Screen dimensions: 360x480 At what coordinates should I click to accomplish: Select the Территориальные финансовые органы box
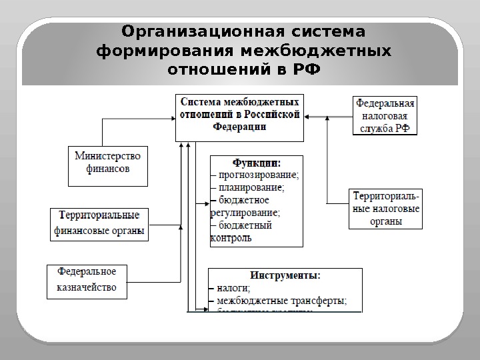100,225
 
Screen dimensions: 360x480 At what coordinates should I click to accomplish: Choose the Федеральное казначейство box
87,280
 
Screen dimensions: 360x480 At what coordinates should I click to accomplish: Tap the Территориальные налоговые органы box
385,209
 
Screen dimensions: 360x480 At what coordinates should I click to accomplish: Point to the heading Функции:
256,163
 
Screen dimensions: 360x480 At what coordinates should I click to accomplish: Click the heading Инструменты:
285,275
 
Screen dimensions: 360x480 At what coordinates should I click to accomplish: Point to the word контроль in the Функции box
231,238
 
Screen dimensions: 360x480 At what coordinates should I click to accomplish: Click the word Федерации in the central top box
239,128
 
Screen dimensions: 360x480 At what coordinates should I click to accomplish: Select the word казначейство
87,287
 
